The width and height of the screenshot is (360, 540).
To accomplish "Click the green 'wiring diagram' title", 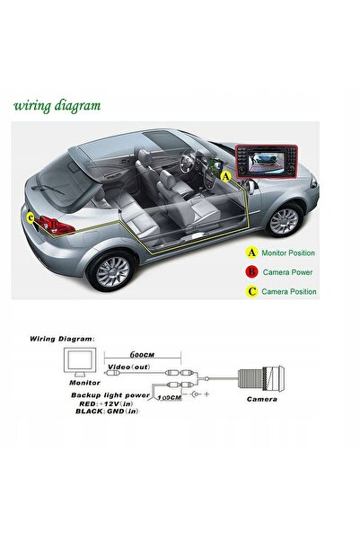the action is pos(57,106).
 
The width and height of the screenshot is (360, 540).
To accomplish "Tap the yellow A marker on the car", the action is pos(225,177).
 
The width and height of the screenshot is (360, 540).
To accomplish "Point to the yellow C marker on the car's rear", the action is pos(31,218).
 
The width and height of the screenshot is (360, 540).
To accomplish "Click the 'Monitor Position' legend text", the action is pos(288,252).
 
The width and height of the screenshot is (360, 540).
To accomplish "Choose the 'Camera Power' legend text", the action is pos(287,272).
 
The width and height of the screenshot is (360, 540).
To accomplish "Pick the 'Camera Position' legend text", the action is pos(289,291).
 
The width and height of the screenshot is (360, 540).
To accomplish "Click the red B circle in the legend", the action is pos(252,272).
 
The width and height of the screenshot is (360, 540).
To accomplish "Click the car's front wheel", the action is pos(284,220).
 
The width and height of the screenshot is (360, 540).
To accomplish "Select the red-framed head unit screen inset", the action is pos(267,161).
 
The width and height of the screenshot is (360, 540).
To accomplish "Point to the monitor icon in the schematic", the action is pos(80,362).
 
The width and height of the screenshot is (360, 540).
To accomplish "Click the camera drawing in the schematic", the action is pos(261,379).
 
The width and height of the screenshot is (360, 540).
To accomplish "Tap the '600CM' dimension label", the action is pos(142,354).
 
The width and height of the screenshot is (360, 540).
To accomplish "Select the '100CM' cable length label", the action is pos(169,398).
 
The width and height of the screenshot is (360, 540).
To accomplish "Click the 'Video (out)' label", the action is pos(129,367).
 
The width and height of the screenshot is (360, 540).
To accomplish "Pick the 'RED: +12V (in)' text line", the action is pos(106,403).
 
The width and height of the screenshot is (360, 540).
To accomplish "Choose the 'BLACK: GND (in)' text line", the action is pos(107,412).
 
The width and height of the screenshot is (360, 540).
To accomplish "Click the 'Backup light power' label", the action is pos(110,395).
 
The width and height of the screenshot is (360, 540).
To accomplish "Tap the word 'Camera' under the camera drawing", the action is pos(262,399).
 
